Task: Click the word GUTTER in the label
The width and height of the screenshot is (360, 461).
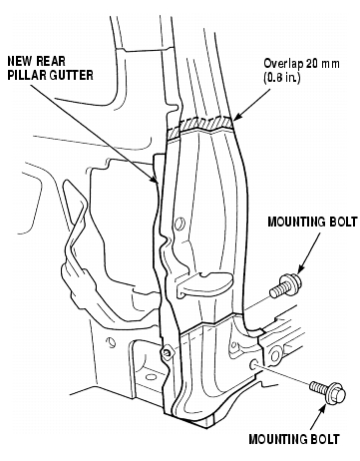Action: [x=72, y=75]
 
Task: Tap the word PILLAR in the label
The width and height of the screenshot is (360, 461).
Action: [x=28, y=75]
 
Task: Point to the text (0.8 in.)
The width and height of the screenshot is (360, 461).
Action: [x=282, y=78]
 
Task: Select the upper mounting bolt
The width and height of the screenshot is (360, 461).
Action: [x=285, y=286]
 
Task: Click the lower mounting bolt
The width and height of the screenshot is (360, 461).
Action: [x=328, y=392]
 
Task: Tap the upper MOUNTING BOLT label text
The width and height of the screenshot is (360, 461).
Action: [x=312, y=222]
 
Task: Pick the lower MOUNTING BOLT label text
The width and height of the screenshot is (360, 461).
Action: [x=294, y=439]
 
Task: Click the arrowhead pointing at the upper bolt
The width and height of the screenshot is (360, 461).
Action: [x=301, y=269]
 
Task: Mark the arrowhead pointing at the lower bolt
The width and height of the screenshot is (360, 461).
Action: [x=322, y=410]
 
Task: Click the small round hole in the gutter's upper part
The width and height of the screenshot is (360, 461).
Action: [x=180, y=223]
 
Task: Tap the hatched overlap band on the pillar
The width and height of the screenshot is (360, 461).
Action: [x=199, y=125]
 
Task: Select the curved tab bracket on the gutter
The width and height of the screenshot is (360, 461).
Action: [x=203, y=283]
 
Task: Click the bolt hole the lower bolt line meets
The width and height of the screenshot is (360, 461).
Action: [x=253, y=364]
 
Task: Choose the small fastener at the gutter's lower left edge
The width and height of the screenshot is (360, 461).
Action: [x=167, y=353]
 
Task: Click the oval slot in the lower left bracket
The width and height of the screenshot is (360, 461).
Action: [x=151, y=377]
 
